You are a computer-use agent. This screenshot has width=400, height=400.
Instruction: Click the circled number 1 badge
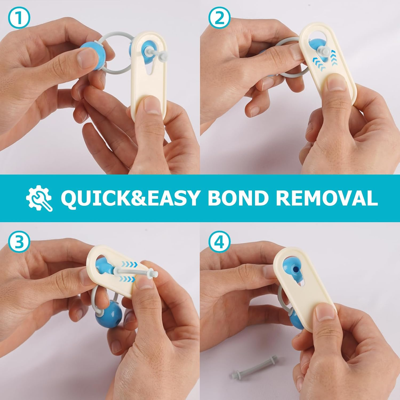click(x=19, y=18)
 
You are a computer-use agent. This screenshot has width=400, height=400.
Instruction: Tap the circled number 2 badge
click(x=219, y=17)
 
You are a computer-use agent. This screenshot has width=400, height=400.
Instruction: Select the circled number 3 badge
click(x=19, y=242)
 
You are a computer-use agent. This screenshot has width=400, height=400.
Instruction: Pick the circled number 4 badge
click(x=219, y=242)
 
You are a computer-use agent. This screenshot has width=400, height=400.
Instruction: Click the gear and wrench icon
click(x=39, y=198)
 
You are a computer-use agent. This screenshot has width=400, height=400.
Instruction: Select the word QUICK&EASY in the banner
click(x=130, y=198)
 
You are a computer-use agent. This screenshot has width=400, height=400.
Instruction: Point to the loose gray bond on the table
click(x=254, y=367)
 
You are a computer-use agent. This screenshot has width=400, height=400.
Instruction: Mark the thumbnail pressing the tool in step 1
click(x=153, y=105)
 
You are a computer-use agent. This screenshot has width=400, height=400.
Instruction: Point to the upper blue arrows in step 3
click(x=129, y=264)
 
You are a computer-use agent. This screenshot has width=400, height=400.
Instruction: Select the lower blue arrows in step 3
click(x=127, y=279)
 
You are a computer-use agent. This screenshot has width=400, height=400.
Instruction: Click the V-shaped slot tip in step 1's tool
click(x=149, y=74)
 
